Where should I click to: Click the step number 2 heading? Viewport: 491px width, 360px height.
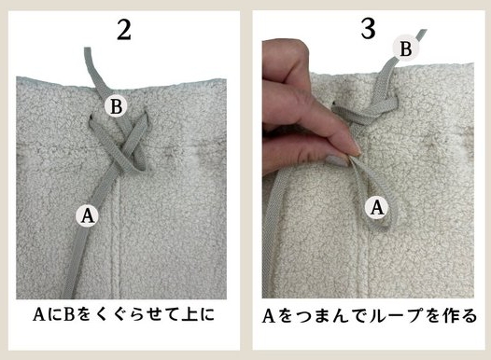pyautogui.click(x=123, y=28)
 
